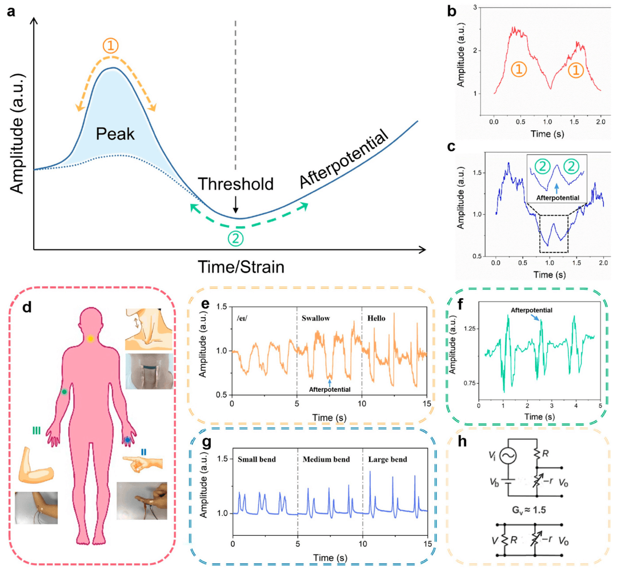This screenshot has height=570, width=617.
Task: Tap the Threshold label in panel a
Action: [x=236, y=184]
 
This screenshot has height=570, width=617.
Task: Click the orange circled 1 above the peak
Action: [x=111, y=46]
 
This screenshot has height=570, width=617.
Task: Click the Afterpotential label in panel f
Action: [x=531, y=311]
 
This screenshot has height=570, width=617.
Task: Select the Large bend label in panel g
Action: [x=386, y=459]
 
